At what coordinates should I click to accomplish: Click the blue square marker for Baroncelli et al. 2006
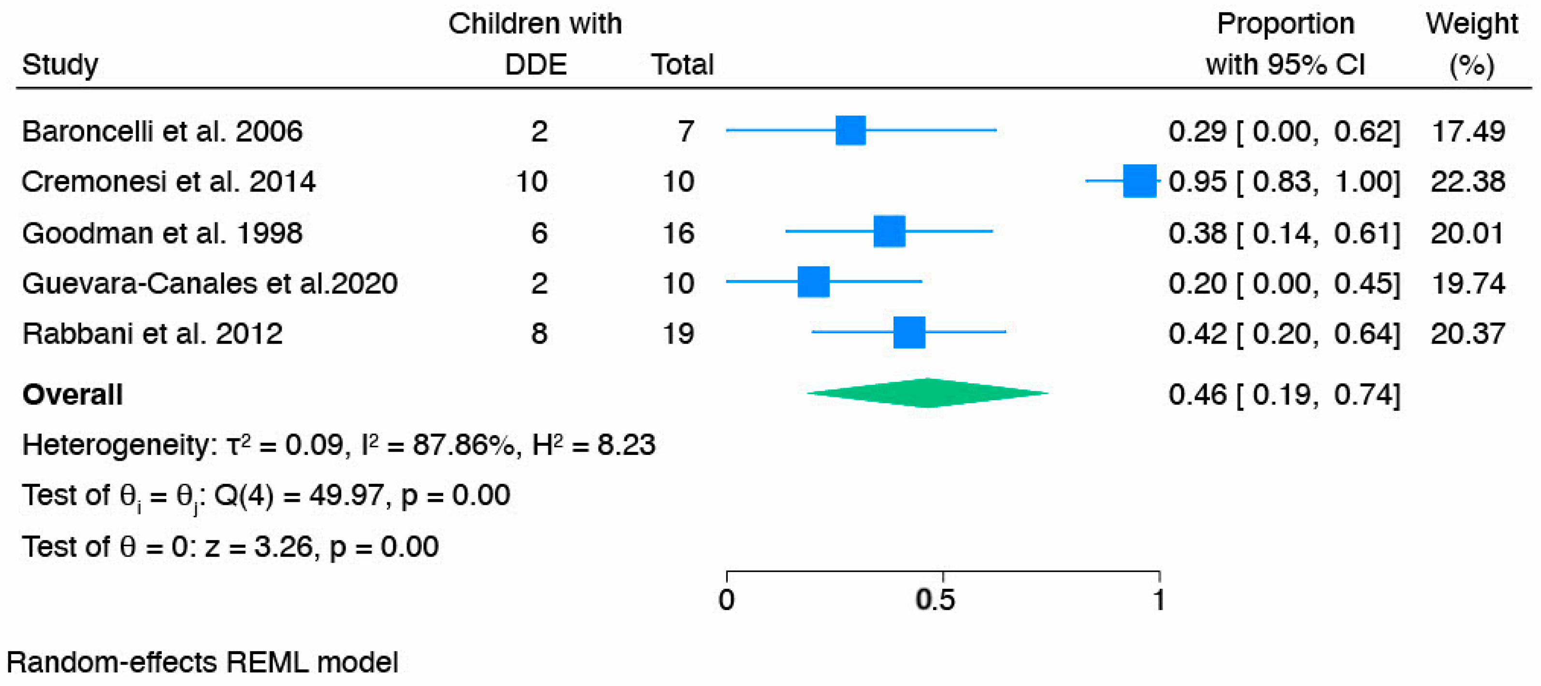click(850, 131)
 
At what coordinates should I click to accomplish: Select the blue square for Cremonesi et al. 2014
click(1139, 181)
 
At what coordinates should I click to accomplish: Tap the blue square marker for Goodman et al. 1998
click(889, 232)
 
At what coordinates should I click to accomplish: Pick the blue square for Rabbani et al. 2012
click(908, 332)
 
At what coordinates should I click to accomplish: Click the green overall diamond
click(927, 394)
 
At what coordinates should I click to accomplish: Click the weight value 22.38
click(1468, 181)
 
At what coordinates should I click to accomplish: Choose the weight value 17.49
click(1468, 131)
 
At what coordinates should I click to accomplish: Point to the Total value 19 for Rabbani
click(678, 334)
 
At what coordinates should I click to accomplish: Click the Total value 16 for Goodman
click(678, 233)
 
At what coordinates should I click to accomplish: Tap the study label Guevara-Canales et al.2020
click(209, 283)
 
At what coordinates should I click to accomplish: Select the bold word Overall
click(72, 395)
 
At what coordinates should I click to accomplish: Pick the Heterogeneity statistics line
click(338, 445)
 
